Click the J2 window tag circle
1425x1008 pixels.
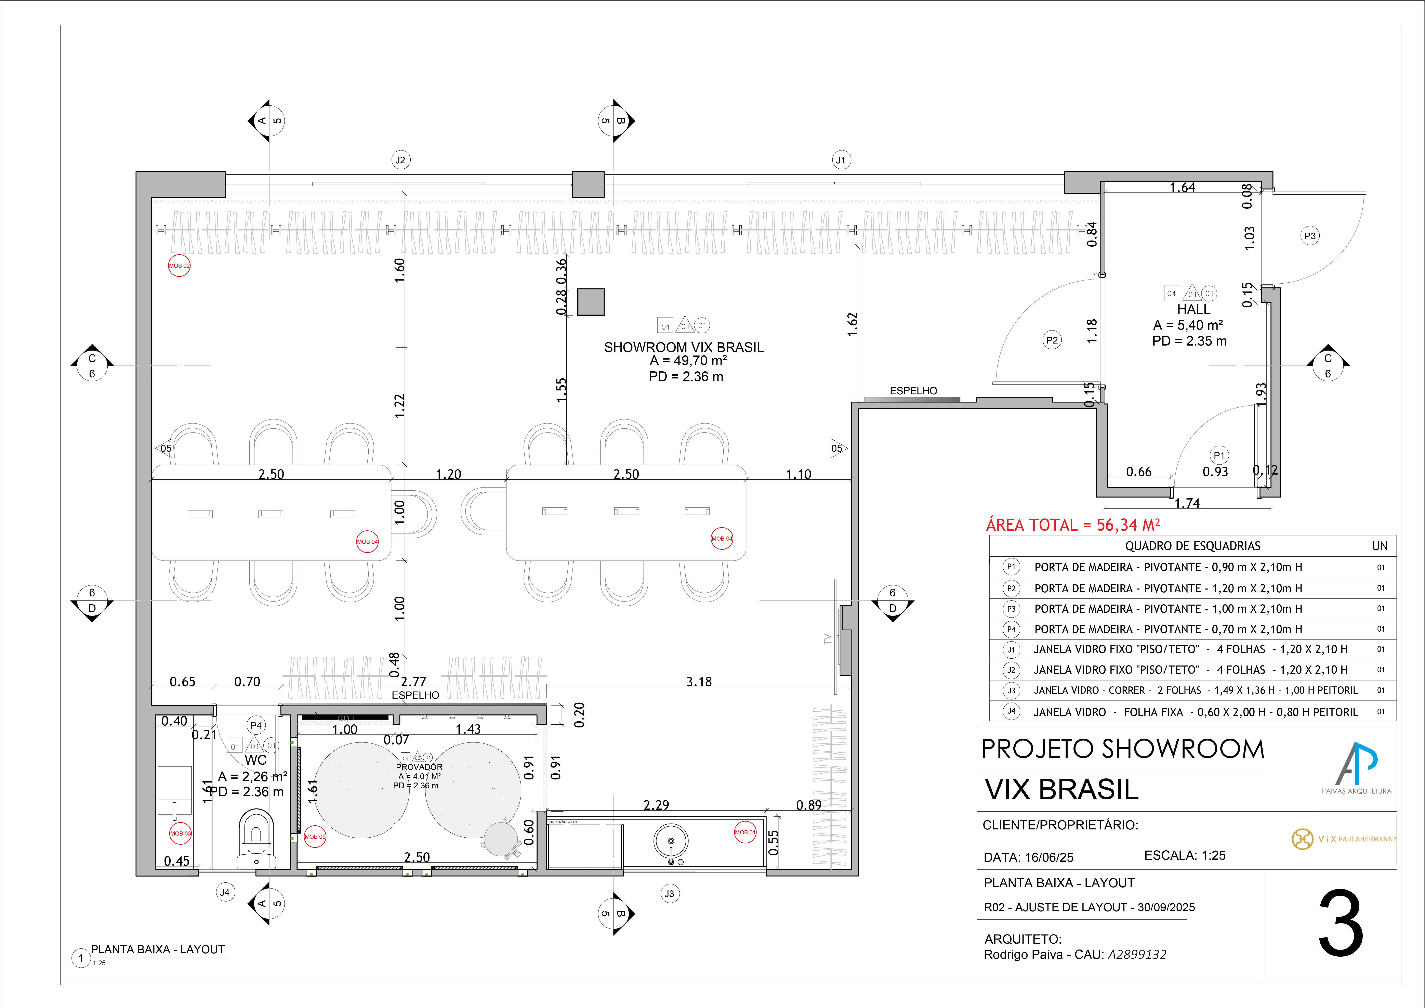coord(400,160)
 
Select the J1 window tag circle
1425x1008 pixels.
coord(841,160)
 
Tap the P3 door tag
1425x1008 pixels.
coord(1310,236)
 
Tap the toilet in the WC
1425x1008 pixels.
coord(256,838)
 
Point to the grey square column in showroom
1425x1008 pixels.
coord(590,302)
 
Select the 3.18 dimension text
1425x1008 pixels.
coord(699,682)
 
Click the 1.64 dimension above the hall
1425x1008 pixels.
coord(1182,188)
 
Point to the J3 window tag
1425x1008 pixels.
coord(669,894)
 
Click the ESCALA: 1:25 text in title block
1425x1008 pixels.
coord(1184,855)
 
